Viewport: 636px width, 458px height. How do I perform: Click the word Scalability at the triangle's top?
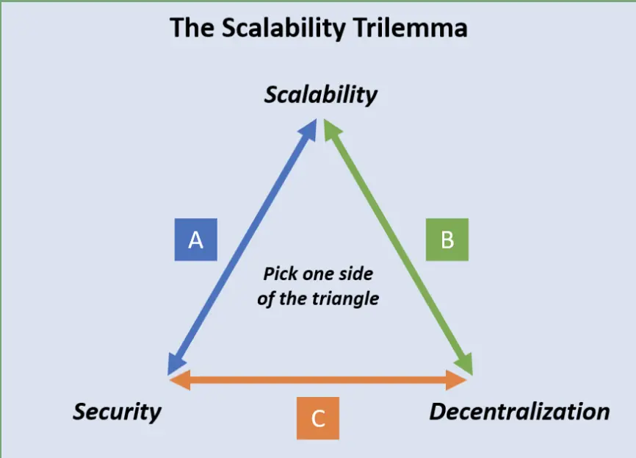point(320,96)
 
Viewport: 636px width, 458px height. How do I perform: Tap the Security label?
point(118,412)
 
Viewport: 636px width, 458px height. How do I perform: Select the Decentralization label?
point(519,411)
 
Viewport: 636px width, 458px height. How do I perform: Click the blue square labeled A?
point(196,240)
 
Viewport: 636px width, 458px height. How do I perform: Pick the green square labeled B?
point(447,240)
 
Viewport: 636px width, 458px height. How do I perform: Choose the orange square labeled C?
point(318,418)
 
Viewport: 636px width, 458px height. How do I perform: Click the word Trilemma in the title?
point(410,28)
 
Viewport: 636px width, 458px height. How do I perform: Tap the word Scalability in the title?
point(283,29)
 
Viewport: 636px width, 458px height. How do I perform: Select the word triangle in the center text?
point(345,299)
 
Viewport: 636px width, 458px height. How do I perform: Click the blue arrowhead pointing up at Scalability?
point(308,130)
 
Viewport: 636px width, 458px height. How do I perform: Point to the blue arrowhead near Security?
point(176,363)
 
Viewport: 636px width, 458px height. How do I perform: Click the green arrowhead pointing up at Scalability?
point(332,130)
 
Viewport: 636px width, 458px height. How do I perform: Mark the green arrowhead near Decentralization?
point(465,363)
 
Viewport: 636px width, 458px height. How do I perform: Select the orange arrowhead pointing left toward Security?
point(180,380)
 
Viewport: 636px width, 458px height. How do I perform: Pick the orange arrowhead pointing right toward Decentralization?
point(456,380)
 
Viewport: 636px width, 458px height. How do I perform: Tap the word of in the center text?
point(266,299)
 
